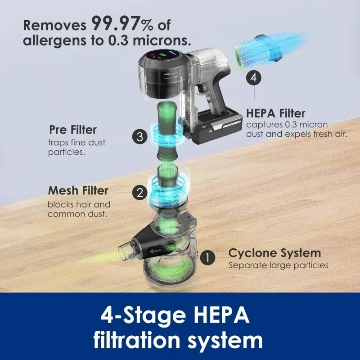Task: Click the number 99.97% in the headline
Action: tap(127, 22)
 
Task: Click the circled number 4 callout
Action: tap(254, 77)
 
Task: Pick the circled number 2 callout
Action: tap(139, 193)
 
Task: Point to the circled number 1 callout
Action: tap(207, 257)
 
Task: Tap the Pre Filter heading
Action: tap(72, 130)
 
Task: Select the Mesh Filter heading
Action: tap(78, 190)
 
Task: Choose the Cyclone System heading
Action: tap(274, 252)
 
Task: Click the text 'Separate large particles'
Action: tap(278, 265)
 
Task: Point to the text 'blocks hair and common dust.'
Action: tap(78, 209)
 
